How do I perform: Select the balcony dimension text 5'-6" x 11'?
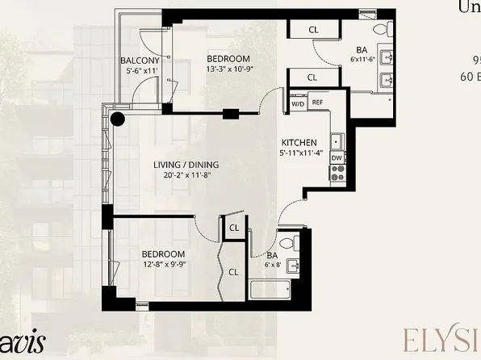click(140, 72)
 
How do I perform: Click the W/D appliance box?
click(297, 103)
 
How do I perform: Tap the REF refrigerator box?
click(317, 103)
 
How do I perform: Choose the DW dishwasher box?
click(335, 158)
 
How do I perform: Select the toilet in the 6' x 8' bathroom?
click(296, 241)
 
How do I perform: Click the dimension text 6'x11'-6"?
click(362, 59)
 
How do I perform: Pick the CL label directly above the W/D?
click(312, 77)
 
